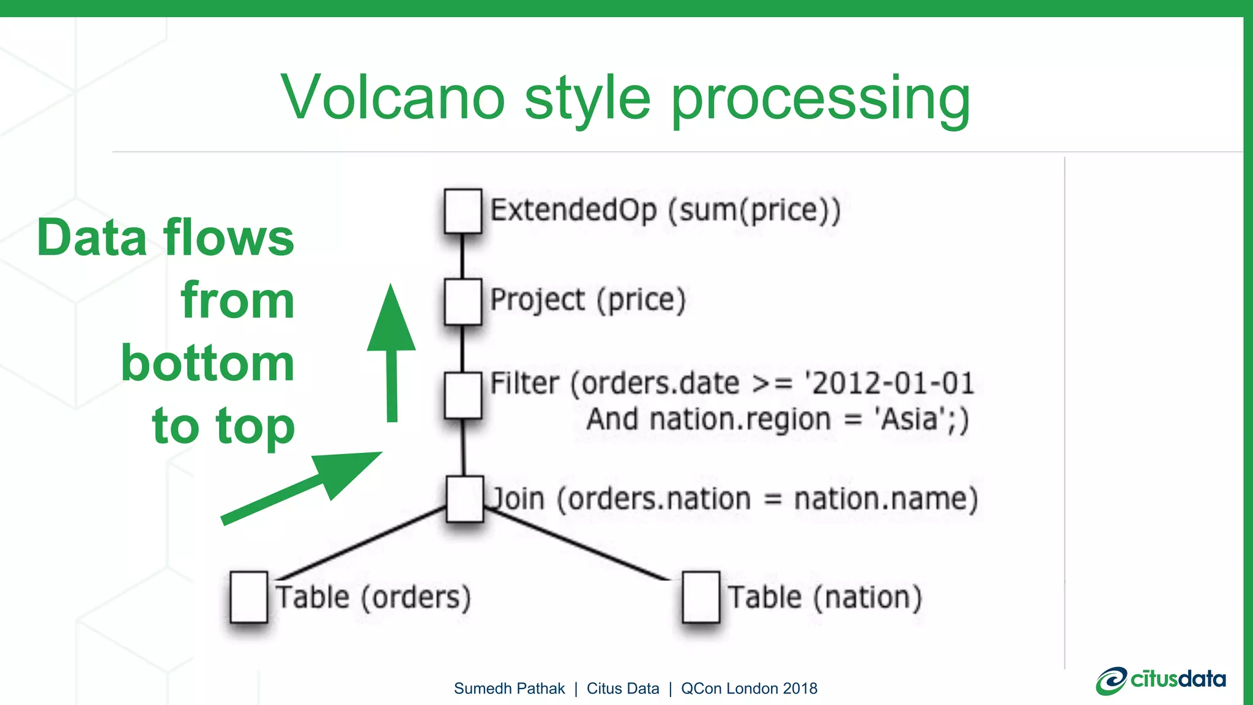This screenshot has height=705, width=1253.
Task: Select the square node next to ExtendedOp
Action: coord(463,211)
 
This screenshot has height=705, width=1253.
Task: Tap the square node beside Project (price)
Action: coord(463,302)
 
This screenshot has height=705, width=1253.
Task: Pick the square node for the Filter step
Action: coord(463,395)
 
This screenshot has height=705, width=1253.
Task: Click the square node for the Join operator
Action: coord(465,499)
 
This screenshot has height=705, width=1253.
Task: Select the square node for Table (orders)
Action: coord(248,597)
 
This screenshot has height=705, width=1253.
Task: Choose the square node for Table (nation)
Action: coord(701,597)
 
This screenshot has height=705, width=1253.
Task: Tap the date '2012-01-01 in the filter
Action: coord(890,384)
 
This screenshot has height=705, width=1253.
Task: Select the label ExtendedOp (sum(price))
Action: coord(666,211)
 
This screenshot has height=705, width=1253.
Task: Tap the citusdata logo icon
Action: coord(1110,681)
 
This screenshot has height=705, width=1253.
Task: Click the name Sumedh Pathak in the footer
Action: coord(509,688)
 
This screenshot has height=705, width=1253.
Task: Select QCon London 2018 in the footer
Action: coord(749,688)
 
